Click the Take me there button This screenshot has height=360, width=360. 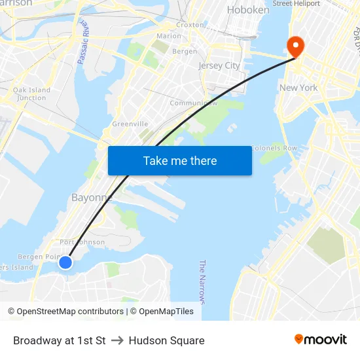coord(179,160)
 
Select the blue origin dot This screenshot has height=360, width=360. coord(65,262)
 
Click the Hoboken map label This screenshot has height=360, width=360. coord(247,10)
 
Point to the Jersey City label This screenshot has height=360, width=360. coord(219,65)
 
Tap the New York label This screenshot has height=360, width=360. coord(298,88)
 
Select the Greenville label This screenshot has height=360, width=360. coord(130,124)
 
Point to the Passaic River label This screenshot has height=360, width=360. coord(83,43)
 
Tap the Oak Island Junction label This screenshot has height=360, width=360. coord(31,94)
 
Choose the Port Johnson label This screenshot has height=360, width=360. coord(82,242)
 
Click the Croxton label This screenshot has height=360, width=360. coord(190,25)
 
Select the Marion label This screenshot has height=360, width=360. coord(169,36)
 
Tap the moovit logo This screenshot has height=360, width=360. coord(320,340)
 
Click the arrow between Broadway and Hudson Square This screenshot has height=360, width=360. coord(117,340)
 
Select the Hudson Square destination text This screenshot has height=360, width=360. coord(166,340)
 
